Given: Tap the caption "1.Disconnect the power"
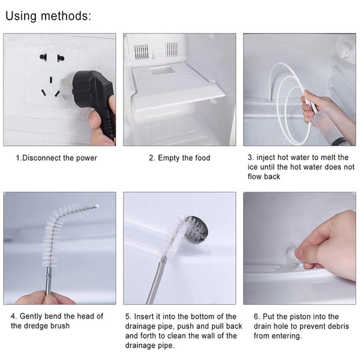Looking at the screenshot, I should click(x=56, y=158).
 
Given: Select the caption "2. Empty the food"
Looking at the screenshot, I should click(x=179, y=158).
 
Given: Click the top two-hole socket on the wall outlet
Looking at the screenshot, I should click(x=52, y=58).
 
